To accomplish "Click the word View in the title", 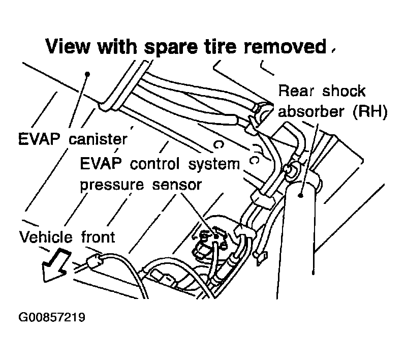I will coord(69,47).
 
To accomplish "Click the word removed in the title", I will coord(288,47).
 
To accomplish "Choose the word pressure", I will coord(112,184).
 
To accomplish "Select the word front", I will coord(98,236).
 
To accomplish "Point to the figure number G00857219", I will coord(51,318).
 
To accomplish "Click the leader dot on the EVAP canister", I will coord(88,74).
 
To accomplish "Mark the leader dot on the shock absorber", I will coord(302,194).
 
